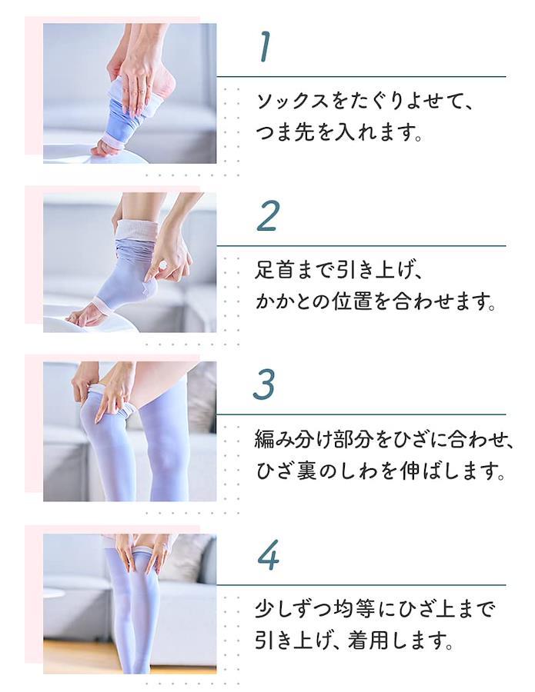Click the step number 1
click(x=265, y=47)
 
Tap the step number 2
click(x=267, y=215)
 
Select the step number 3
click(x=265, y=384)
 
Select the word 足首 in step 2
click(x=273, y=270)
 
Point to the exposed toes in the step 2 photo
click(x=79, y=318)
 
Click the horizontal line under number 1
click(x=361, y=77)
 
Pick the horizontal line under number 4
click(x=361, y=585)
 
